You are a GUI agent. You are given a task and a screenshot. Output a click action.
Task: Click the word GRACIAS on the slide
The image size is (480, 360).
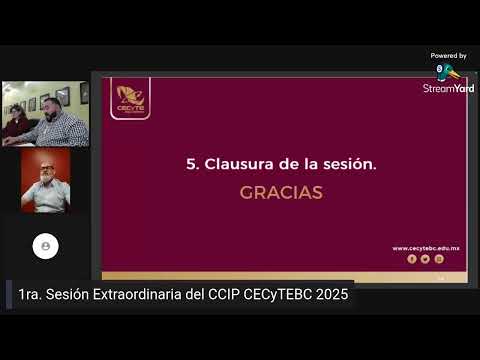point(281,192)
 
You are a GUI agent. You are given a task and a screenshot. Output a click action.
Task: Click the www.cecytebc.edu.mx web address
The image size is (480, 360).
point(425,248)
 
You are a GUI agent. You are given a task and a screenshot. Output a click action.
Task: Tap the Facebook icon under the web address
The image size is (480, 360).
point(411,259)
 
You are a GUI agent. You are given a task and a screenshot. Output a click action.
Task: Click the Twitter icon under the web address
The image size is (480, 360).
point(425,259)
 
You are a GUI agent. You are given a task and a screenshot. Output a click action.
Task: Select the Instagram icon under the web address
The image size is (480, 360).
point(439,259)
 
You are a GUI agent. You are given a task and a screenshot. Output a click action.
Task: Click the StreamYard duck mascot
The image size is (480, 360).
point(446,71)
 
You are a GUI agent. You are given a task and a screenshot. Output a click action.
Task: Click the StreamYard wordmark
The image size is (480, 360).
point(448,88)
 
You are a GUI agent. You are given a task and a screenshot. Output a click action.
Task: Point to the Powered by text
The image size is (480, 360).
point(448,56)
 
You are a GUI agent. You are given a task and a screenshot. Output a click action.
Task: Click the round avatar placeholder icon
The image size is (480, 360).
point(45,246)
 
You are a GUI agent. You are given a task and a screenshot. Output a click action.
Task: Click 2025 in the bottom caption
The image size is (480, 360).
point(329,296)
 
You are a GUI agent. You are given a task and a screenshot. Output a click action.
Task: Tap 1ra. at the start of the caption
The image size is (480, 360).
point(31,296)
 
